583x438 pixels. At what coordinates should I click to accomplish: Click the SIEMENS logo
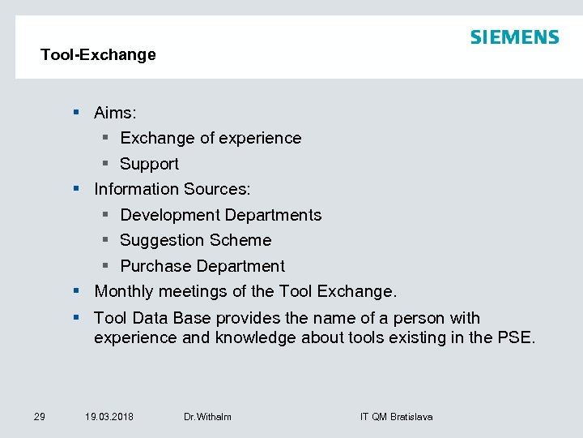[514, 37]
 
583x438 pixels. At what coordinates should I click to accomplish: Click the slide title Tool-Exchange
[98, 55]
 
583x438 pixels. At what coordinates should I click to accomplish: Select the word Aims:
[115, 113]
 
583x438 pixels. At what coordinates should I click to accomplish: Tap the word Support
[149, 164]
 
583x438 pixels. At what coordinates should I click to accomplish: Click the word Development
[170, 215]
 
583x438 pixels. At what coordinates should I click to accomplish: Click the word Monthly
[124, 290]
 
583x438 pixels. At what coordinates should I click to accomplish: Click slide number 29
[39, 417]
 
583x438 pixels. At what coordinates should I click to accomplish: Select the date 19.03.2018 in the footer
[109, 417]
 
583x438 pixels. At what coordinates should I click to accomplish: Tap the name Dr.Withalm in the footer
[207, 417]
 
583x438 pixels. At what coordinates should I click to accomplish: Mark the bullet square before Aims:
[75, 113]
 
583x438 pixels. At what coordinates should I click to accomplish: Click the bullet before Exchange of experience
[107, 138]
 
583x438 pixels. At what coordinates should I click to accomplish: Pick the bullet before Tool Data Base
[75, 318]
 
